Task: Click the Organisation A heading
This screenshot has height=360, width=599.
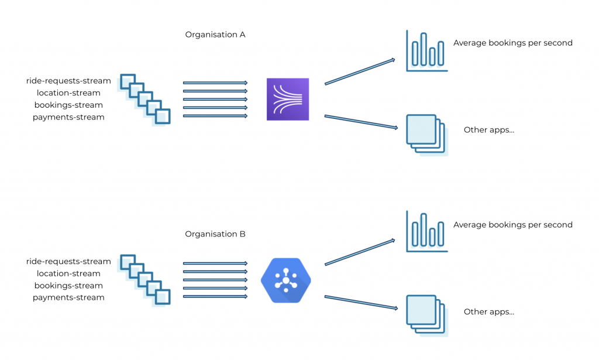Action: (x=215, y=35)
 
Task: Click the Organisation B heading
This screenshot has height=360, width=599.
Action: (x=215, y=234)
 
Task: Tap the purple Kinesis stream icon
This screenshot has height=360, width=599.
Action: (x=287, y=99)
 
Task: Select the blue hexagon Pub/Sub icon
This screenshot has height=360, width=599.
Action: (x=286, y=280)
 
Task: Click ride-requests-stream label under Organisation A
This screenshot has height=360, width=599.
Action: (x=68, y=81)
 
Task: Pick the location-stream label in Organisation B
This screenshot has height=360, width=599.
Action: (x=68, y=273)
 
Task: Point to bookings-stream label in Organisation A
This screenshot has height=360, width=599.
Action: (x=68, y=105)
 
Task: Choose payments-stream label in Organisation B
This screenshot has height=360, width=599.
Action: (x=68, y=297)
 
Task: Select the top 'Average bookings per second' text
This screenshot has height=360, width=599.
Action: (x=512, y=43)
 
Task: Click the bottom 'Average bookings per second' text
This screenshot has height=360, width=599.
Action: (x=512, y=225)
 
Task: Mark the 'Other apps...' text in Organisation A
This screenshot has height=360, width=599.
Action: (x=488, y=130)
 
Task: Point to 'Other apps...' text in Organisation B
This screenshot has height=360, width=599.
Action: (x=488, y=312)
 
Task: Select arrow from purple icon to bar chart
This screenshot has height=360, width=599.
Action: (x=360, y=71)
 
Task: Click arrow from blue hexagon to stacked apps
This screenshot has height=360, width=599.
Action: (x=360, y=302)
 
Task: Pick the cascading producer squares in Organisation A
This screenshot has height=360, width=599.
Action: (x=145, y=100)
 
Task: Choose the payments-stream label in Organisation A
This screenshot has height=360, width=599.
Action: (x=68, y=117)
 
